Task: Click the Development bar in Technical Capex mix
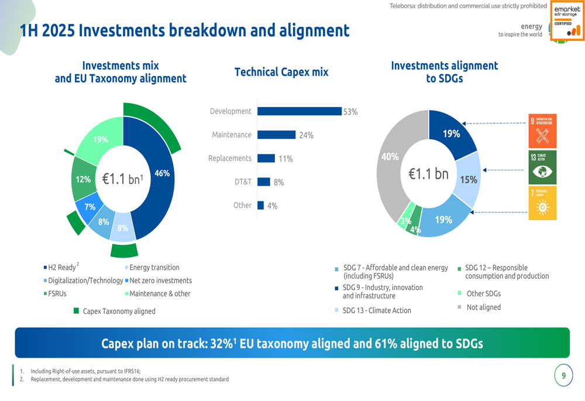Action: [x=299, y=111]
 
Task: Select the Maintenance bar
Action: [x=276, y=135]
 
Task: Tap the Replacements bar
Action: [x=266, y=158]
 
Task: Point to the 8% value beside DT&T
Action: [x=278, y=183]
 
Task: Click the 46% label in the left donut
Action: [x=161, y=173]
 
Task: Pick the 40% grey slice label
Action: [x=390, y=157]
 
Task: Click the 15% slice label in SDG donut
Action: [x=469, y=180]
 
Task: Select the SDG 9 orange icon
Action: [x=542, y=131]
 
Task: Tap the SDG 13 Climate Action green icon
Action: [x=542, y=167]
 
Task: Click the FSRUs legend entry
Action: [x=57, y=294]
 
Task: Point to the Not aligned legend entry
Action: [x=483, y=307]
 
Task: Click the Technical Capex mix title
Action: [x=281, y=72]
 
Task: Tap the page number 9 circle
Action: [x=563, y=376]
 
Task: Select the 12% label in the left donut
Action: [x=84, y=180]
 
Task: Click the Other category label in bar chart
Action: [x=242, y=205]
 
